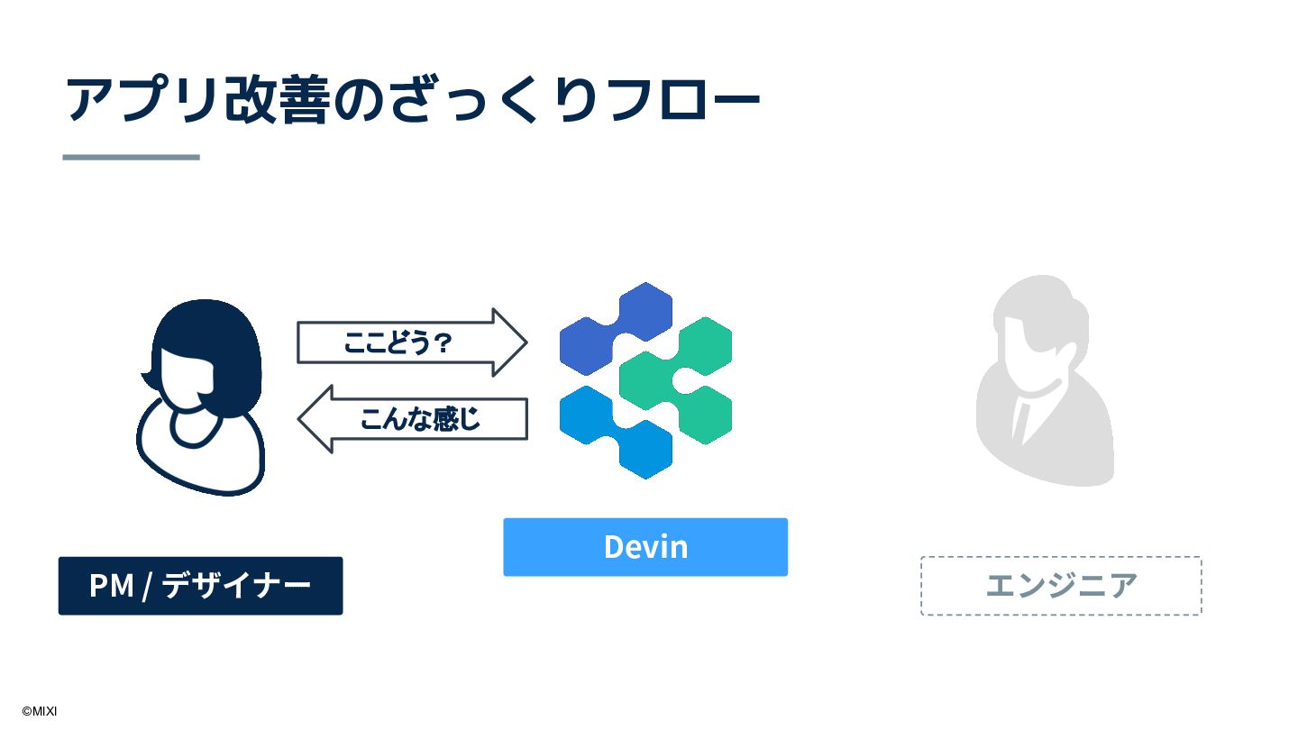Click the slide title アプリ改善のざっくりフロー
[x=413, y=99]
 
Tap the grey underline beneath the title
[x=131, y=157]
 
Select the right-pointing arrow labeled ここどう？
[x=411, y=342]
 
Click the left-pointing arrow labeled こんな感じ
[x=413, y=419]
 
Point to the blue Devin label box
[x=645, y=547]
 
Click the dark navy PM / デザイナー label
[x=200, y=586]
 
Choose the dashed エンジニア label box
[x=1061, y=586]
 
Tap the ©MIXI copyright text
[x=40, y=711]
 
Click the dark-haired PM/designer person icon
[x=202, y=397]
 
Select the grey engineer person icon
[x=1046, y=383]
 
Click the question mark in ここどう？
[x=442, y=343]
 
